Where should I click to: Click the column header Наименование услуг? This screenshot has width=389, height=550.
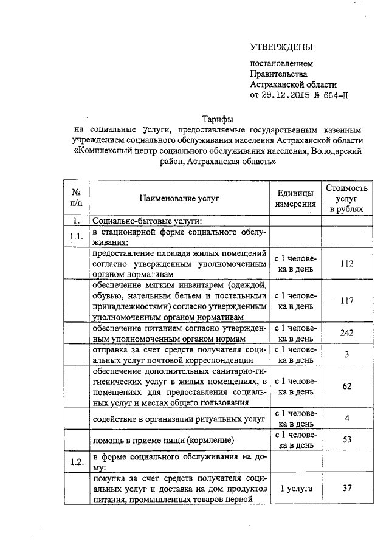click(178, 198)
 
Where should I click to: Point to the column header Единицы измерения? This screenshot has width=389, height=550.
click(295, 198)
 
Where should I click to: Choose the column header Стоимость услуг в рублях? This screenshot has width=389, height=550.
click(346, 198)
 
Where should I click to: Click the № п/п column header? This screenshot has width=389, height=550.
click(77, 198)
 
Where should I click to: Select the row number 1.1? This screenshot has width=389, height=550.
click(77, 236)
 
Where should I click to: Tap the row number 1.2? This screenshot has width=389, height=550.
click(77, 461)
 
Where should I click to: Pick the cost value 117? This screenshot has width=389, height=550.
click(346, 300)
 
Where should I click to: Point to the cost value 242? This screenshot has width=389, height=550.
click(346, 333)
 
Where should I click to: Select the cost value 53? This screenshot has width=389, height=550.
click(346, 439)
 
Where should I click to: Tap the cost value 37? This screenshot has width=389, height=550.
click(346, 489)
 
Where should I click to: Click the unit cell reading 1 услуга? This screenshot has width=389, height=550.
click(295, 489)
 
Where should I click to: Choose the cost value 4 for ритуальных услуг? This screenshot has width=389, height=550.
click(346, 418)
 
